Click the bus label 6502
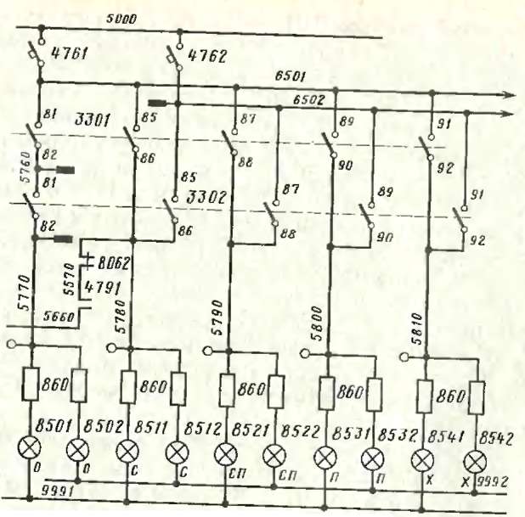tap(309, 100)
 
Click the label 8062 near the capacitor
tap(114, 263)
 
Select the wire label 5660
tap(61, 316)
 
